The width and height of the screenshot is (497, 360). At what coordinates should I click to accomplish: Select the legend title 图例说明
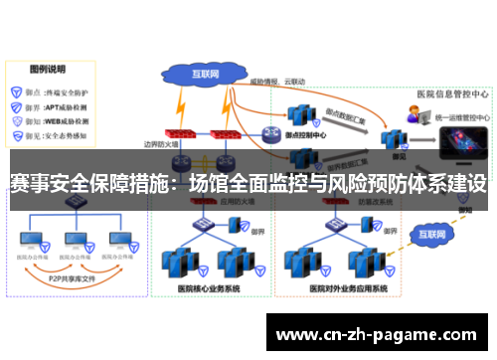tap(47, 71)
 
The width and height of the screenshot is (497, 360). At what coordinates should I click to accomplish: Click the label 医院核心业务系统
tap(209, 288)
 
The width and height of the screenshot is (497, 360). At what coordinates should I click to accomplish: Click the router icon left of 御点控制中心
tap(270, 134)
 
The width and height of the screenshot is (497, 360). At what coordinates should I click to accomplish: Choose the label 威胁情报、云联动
tap(276, 81)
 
